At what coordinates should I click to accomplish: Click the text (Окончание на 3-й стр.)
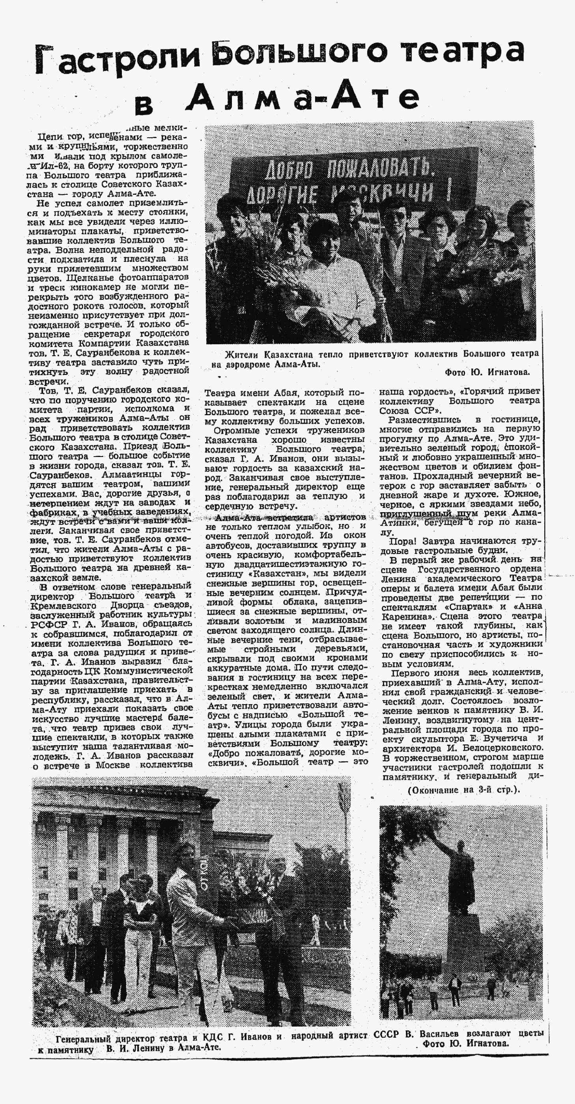pos(463,790)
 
